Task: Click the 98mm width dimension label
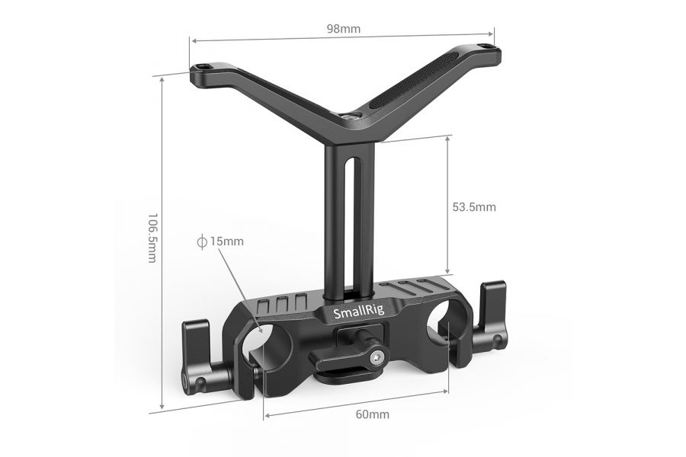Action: (343, 29)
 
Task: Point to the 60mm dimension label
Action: (373, 415)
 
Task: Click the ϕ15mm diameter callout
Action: (220, 241)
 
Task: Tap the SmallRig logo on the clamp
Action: (356, 313)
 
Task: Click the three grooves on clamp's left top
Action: (283, 302)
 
